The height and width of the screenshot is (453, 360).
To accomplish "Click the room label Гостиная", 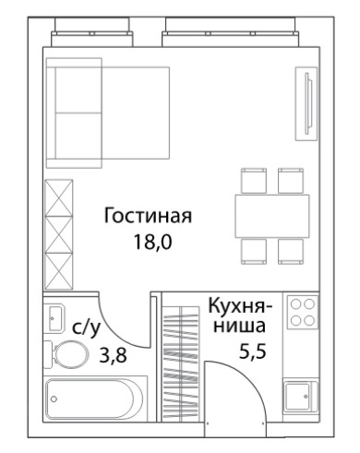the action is [148, 216].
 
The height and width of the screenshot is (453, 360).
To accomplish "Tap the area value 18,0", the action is [152, 242].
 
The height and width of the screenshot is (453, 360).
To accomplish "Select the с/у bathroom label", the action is [87, 328].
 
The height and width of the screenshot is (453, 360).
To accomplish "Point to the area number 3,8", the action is [113, 355].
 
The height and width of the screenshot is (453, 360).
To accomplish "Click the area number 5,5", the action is [253, 352].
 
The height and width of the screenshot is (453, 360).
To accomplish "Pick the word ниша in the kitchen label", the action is [239, 326].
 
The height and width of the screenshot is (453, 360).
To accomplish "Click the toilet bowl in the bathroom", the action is [66, 354].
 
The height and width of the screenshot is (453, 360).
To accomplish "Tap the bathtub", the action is [94, 399].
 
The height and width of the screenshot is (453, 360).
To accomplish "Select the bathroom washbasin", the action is [54, 317].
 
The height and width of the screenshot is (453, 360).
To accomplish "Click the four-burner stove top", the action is [303, 313].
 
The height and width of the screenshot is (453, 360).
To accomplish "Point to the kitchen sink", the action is [300, 396].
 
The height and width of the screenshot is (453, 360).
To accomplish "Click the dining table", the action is [272, 216].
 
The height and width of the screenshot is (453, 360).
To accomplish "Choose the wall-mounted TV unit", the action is [306, 104].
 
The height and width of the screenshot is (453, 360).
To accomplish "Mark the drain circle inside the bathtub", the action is [54, 399].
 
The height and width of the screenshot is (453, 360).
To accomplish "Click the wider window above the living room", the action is [231, 32].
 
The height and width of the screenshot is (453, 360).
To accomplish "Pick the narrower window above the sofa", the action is [92, 32].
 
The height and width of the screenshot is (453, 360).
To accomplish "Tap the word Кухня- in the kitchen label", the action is [240, 306].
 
